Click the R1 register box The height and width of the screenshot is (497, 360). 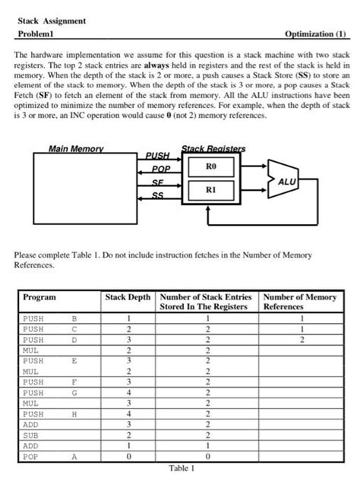[x=211, y=193]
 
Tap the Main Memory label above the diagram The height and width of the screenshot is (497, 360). [x=76, y=148]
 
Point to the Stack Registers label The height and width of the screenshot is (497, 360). [x=209, y=148]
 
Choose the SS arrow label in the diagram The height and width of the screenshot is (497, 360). [x=157, y=196]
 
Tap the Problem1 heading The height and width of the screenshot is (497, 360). [x=40, y=35]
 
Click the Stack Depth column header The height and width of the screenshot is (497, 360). [x=129, y=297]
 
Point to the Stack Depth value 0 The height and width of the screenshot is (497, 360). [x=129, y=457]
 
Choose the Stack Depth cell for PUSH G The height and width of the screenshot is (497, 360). [x=129, y=393]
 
